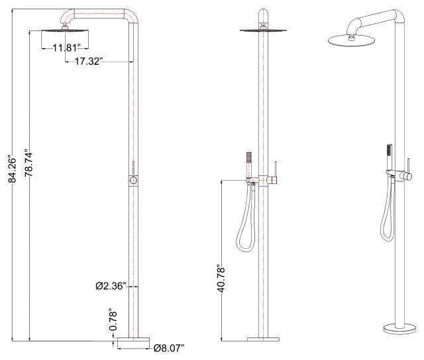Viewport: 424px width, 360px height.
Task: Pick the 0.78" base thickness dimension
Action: pos(113,321)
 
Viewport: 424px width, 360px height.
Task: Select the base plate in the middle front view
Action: pos(264,340)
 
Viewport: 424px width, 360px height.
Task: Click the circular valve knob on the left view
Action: pos(133,179)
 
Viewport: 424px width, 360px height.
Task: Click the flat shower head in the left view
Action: pos(64,31)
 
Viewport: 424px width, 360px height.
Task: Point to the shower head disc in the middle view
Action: pos(263,29)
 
